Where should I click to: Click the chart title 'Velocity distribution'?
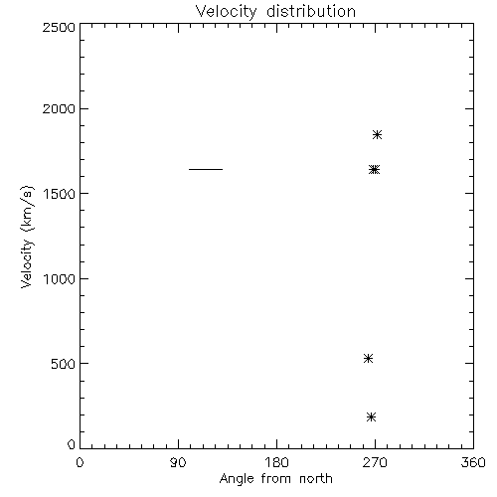click(x=275, y=12)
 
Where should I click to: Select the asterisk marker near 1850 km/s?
click(x=377, y=135)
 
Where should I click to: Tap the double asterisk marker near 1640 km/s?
click(x=374, y=170)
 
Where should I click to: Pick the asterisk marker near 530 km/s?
click(x=368, y=358)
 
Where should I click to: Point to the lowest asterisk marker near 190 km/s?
click(x=372, y=416)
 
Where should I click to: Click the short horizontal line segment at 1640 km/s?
click(x=206, y=169)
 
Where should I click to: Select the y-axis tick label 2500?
click(x=59, y=27)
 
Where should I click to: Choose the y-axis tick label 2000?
click(x=59, y=108)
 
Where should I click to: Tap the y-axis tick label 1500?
click(x=60, y=194)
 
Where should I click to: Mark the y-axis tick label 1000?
click(x=60, y=279)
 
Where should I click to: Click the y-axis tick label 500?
click(x=64, y=364)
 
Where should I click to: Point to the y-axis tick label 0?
click(x=72, y=444)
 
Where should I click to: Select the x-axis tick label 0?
click(x=80, y=462)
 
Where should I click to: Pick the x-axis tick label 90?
click(x=178, y=462)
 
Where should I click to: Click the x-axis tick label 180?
click(x=276, y=462)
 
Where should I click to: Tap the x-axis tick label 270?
click(x=375, y=462)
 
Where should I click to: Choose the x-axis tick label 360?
click(x=473, y=462)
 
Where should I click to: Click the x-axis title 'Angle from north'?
click(x=276, y=479)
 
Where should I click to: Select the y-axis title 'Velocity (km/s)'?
click(x=27, y=237)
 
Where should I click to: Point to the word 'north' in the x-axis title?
click(x=316, y=479)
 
